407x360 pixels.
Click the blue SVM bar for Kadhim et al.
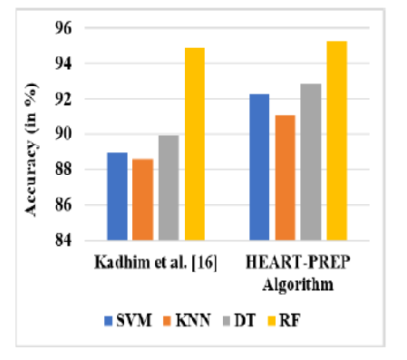pos(117,197)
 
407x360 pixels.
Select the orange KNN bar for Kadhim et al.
pos(142,199)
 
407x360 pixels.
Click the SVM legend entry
pos(127,319)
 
